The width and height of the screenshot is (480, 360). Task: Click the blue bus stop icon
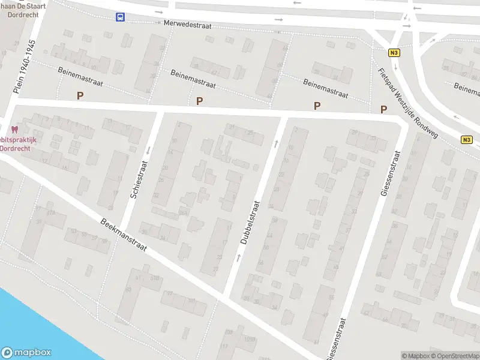[x=121, y=17]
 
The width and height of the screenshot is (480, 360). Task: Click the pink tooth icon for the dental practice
[x=15, y=129]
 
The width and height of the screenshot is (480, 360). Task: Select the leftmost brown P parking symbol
[x=80, y=95]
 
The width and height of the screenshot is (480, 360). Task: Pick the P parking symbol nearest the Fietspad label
[x=383, y=109]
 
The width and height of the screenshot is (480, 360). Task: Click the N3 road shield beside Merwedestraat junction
[x=394, y=53]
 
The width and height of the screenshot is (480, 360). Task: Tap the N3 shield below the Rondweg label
[x=467, y=140]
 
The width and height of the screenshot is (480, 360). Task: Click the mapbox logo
[x=26, y=353]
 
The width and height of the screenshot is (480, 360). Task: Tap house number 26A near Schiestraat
[x=183, y=212]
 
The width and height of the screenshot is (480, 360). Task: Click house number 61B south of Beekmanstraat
[x=155, y=278]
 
